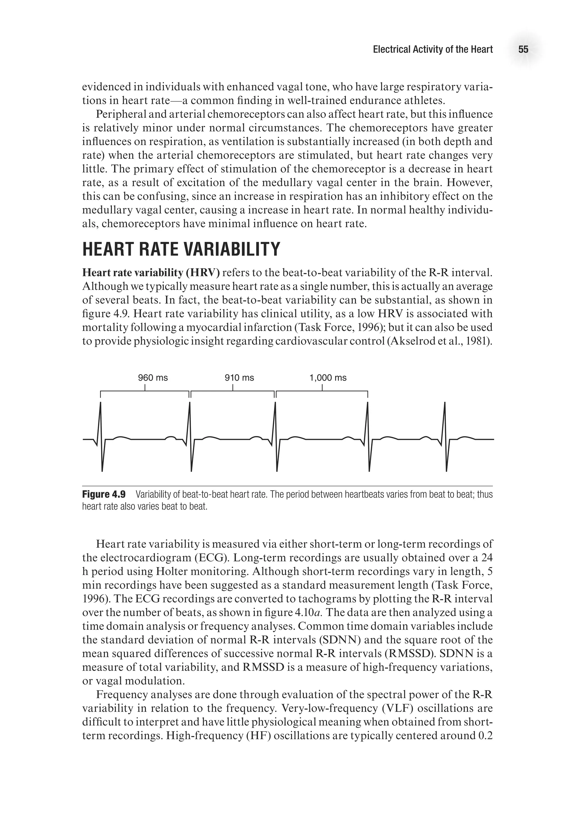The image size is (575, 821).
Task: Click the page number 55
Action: (x=523, y=50)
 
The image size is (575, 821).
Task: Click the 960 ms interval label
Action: (x=153, y=378)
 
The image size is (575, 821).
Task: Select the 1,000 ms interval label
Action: (x=328, y=378)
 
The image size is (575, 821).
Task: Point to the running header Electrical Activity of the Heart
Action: (x=433, y=50)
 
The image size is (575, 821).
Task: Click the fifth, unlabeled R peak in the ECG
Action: (x=445, y=404)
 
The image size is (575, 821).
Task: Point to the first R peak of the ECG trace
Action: (x=101, y=404)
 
